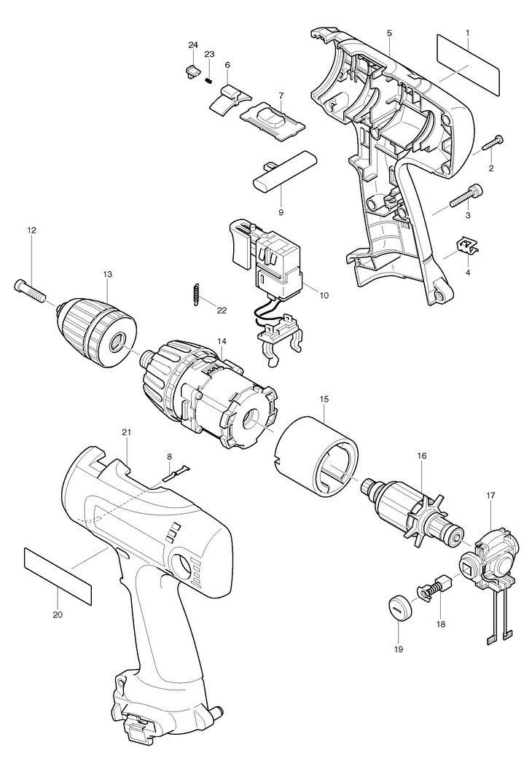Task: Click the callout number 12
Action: [x=31, y=230]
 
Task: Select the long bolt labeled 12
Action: [x=29, y=289]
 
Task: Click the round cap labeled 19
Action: [x=398, y=605]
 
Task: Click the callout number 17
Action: [x=490, y=496]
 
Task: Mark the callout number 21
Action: [x=126, y=432]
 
